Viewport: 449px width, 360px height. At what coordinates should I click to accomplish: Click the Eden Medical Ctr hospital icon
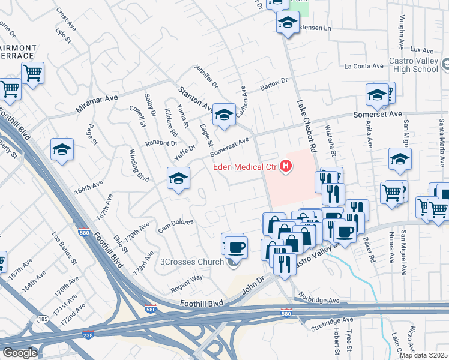(x=286, y=166)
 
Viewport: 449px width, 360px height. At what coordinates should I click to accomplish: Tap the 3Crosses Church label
(x=196, y=262)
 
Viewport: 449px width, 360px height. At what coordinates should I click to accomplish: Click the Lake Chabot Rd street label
(x=306, y=125)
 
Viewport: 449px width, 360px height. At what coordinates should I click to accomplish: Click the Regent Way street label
(x=187, y=280)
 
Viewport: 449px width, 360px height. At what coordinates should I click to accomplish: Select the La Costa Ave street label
(x=364, y=66)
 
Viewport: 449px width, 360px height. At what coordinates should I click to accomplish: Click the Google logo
(x=20, y=353)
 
